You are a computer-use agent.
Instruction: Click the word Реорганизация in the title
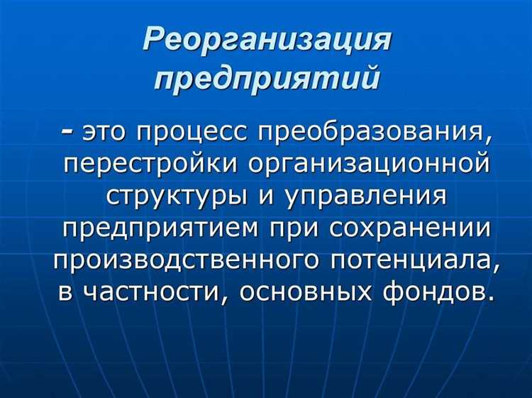pyautogui.click(x=266, y=39)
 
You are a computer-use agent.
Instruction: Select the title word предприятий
pyautogui.click(x=266, y=76)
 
